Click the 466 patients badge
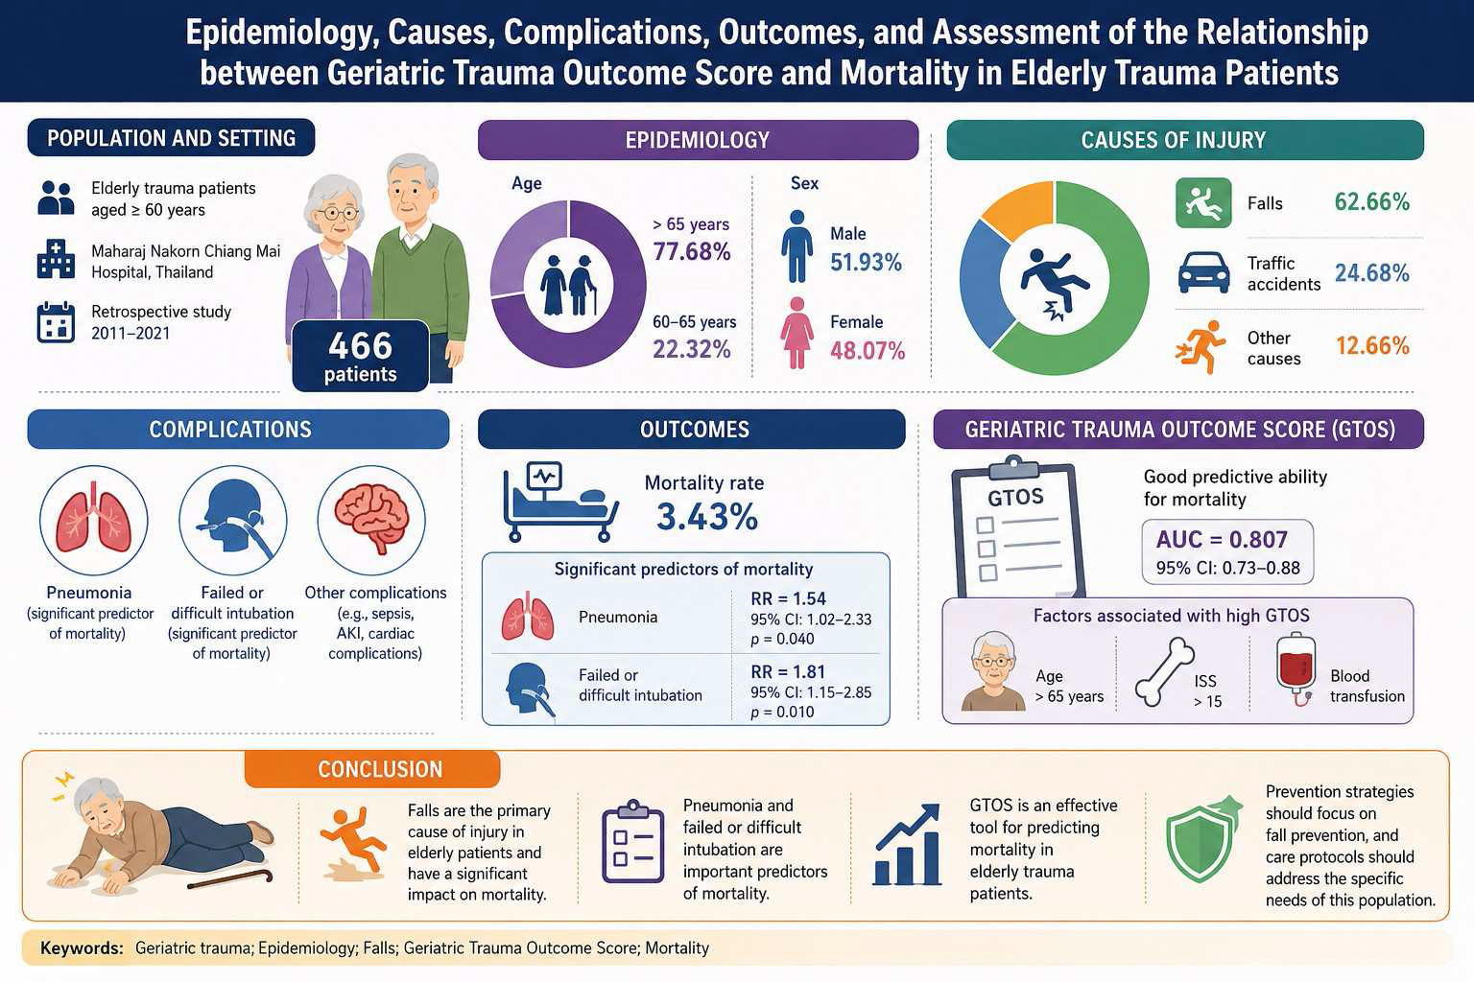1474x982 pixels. tap(360, 356)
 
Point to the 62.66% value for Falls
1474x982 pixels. tap(1372, 202)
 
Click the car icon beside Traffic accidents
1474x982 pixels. tap(1203, 272)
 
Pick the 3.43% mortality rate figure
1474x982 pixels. tap(707, 517)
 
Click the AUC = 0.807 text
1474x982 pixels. tap(1222, 539)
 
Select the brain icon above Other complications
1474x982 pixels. tap(371, 518)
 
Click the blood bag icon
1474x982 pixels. tap(1296, 669)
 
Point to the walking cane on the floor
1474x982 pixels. tap(230, 879)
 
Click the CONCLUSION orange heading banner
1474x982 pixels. tap(372, 769)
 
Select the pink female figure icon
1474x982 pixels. tap(796, 333)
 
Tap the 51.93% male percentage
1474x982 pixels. tap(866, 263)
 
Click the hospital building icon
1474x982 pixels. tap(56, 259)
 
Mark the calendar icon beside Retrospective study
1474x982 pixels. tap(56, 322)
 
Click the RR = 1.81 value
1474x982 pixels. tap(788, 671)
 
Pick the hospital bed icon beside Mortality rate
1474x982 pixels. tap(560, 502)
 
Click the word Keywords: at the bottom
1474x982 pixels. tap(82, 947)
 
